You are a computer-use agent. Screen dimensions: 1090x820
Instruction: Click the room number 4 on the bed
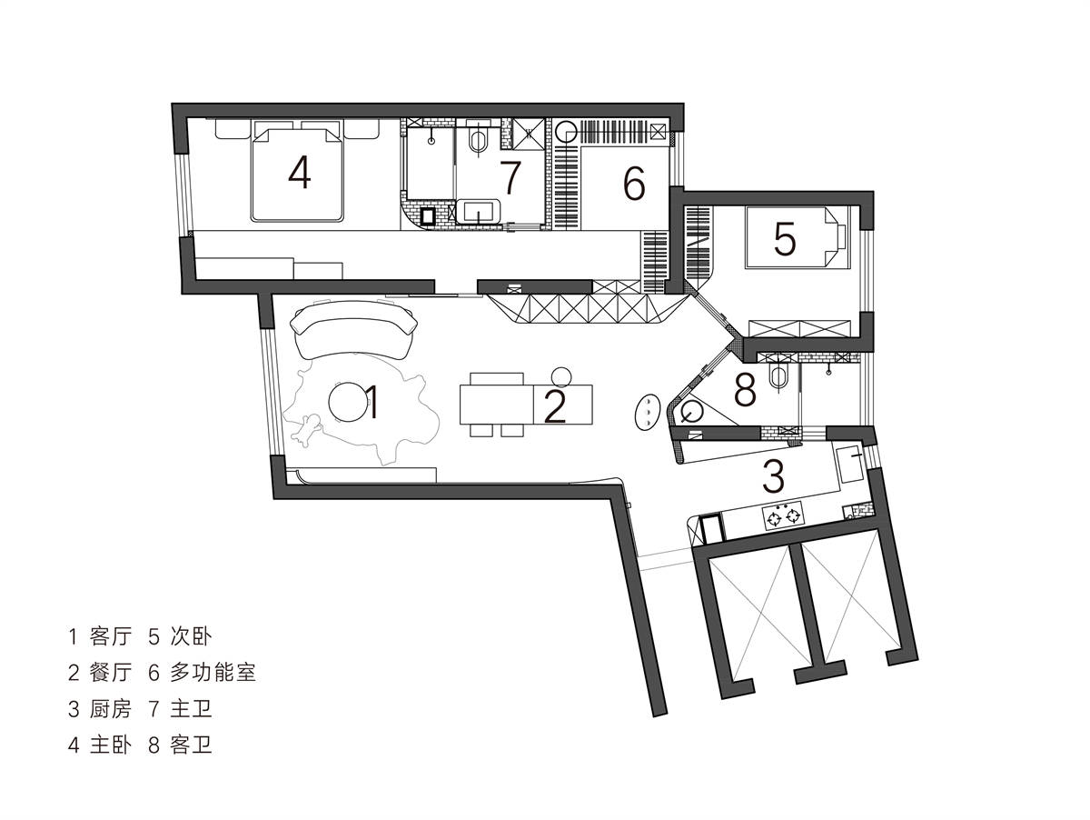(x=300, y=172)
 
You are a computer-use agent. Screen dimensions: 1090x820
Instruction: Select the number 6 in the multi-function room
(x=634, y=183)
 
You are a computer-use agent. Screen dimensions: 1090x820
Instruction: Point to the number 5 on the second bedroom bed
(x=785, y=239)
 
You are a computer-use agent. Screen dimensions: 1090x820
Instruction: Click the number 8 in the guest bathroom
(x=745, y=390)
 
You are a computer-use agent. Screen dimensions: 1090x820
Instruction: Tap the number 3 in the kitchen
(x=773, y=475)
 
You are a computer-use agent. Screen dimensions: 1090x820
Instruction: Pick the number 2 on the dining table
(x=555, y=406)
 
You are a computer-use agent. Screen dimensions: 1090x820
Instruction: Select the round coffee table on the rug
(x=349, y=402)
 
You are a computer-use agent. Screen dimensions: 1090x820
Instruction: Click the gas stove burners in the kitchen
(x=783, y=515)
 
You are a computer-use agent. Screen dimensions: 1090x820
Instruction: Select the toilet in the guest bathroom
(x=778, y=376)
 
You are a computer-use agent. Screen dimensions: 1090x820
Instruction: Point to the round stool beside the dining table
(x=561, y=376)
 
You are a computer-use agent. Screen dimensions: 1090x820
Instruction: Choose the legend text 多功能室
(x=213, y=673)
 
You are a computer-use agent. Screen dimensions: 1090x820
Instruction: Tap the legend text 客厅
(x=111, y=636)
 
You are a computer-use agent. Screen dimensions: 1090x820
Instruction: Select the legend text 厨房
(x=111, y=709)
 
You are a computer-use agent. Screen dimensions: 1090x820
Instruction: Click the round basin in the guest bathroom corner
(x=691, y=412)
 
